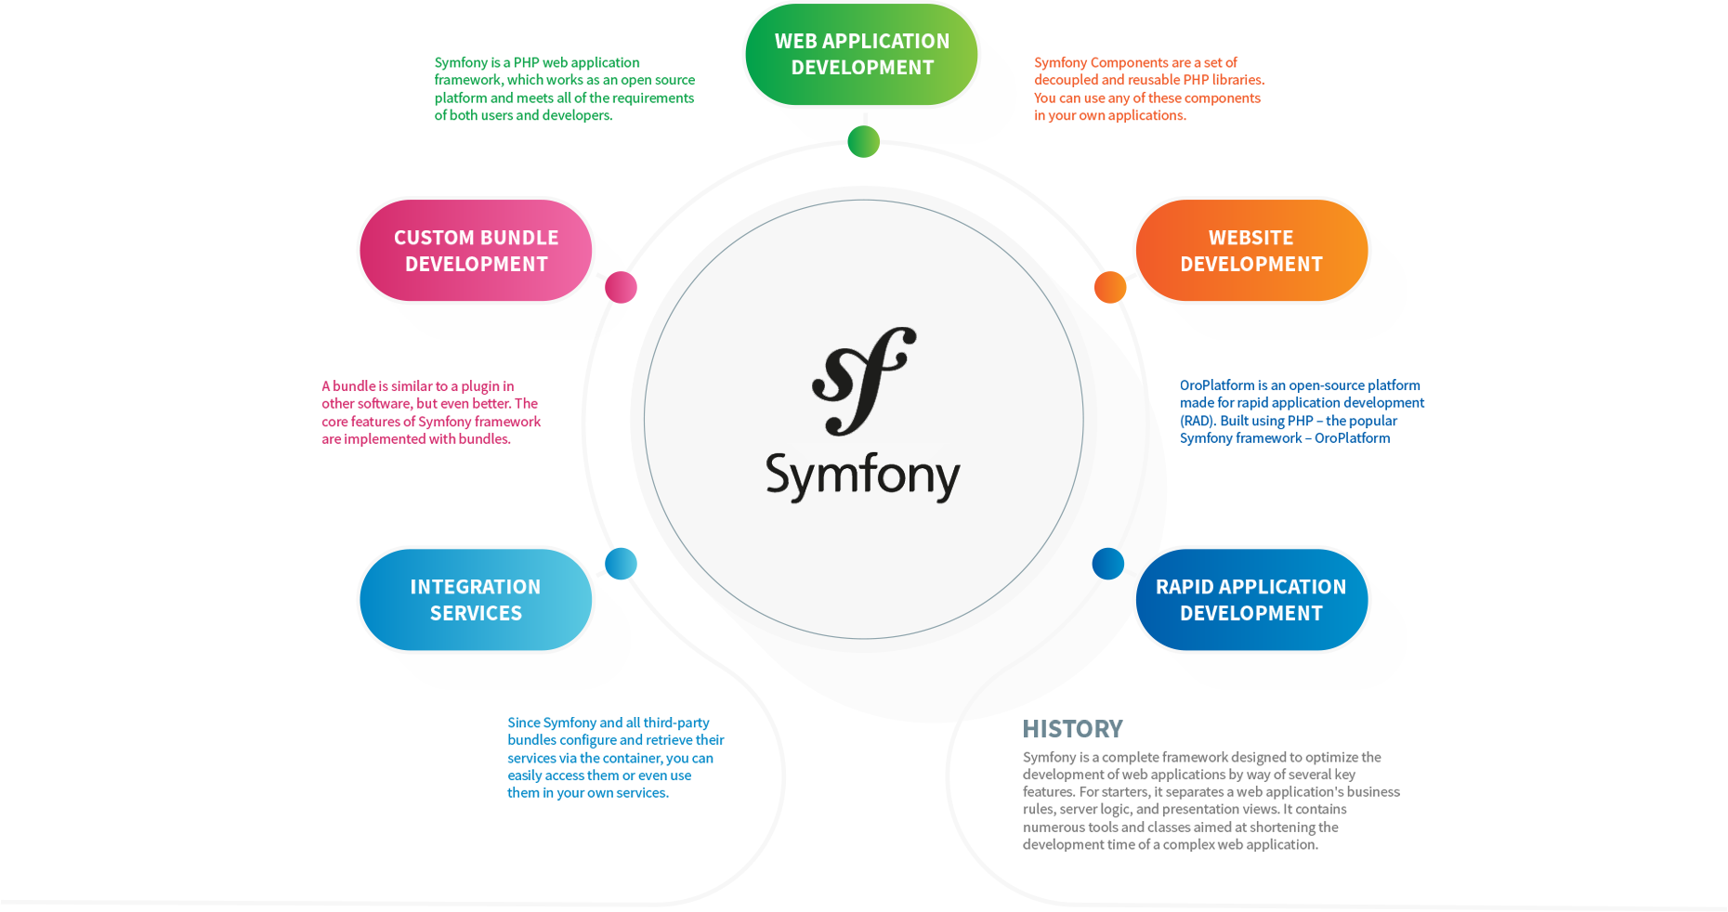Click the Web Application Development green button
click(x=861, y=54)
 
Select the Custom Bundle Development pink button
click(x=476, y=250)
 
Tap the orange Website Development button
click(x=1251, y=250)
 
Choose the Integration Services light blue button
click(x=476, y=599)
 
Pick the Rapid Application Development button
click(x=1251, y=599)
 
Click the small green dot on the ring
click(x=863, y=141)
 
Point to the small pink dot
click(x=621, y=287)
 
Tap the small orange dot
click(x=1110, y=287)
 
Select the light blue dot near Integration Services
click(x=621, y=563)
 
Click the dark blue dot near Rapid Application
click(x=1108, y=563)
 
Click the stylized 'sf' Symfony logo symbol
click(x=864, y=381)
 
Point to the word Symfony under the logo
click(x=863, y=477)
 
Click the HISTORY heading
click(x=1072, y=728)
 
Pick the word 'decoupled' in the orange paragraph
click(x=1066, y=80)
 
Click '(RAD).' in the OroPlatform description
click(x=1198, y=421)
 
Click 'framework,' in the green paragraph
click(x=468, y=80)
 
